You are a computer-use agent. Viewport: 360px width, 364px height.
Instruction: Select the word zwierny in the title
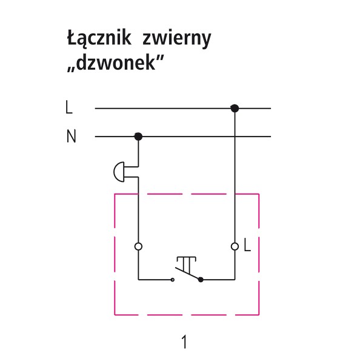coord(177,39)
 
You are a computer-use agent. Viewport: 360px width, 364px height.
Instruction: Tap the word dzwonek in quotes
coord(115,62)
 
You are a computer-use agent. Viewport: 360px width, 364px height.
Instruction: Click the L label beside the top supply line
coord(69,107)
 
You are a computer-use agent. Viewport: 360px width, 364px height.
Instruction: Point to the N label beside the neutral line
coord(71,136)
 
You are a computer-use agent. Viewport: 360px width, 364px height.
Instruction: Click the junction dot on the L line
coord(235,108)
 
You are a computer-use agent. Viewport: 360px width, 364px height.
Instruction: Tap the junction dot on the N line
coord(138,136)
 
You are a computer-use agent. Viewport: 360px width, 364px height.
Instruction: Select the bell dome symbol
coord(119,172)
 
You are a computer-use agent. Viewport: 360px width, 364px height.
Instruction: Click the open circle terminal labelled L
coord(235,246)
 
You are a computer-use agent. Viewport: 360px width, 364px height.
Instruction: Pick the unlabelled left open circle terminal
coord(138,246)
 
